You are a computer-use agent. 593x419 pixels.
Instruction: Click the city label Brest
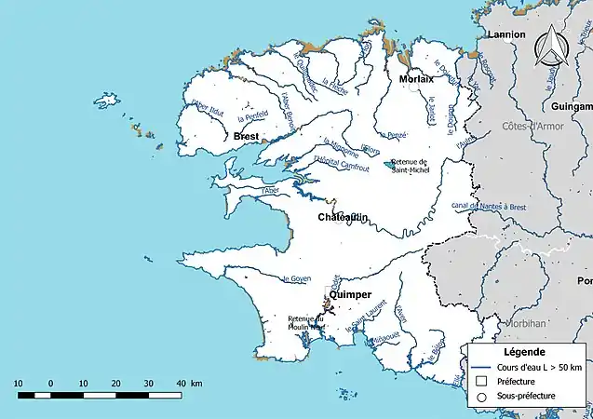point(247,137)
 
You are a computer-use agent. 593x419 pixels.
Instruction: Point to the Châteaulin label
point(343,217)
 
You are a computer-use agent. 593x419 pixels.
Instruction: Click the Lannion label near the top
point(506,34)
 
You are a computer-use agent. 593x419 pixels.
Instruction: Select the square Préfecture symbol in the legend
point(481,381)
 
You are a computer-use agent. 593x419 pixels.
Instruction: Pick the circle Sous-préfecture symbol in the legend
point(481,397)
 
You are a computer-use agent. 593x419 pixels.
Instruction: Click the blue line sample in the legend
point(481,366)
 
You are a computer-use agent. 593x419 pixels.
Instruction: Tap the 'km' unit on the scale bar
point(196,383)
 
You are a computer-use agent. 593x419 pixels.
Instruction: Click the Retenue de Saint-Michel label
point(410,166)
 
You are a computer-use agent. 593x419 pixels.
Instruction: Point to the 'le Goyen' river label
point(296,278)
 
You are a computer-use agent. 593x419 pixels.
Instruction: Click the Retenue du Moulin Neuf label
point(305,322)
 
